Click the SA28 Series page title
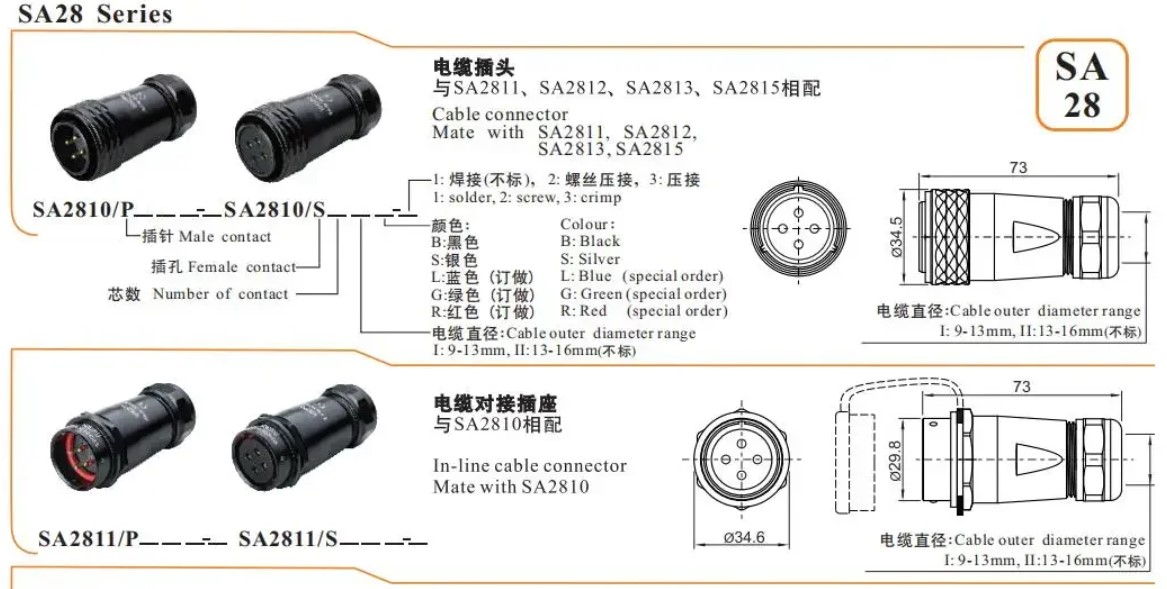click(95, 14)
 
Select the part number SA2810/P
click(83, 210)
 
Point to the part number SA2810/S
click(275, 210)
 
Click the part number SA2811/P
click(89, 538)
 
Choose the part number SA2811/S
click(288, 538)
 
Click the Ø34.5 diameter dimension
click(896, 237)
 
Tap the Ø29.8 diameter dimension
click(895, 461)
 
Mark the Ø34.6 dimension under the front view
click(744, 537)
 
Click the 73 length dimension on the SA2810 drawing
click(1018, 168)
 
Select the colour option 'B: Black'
click(590, 241)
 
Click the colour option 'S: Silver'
click(590, 259)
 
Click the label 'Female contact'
click(242, 267)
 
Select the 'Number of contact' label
click(220, 294)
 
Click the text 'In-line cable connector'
click(530, 466)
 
